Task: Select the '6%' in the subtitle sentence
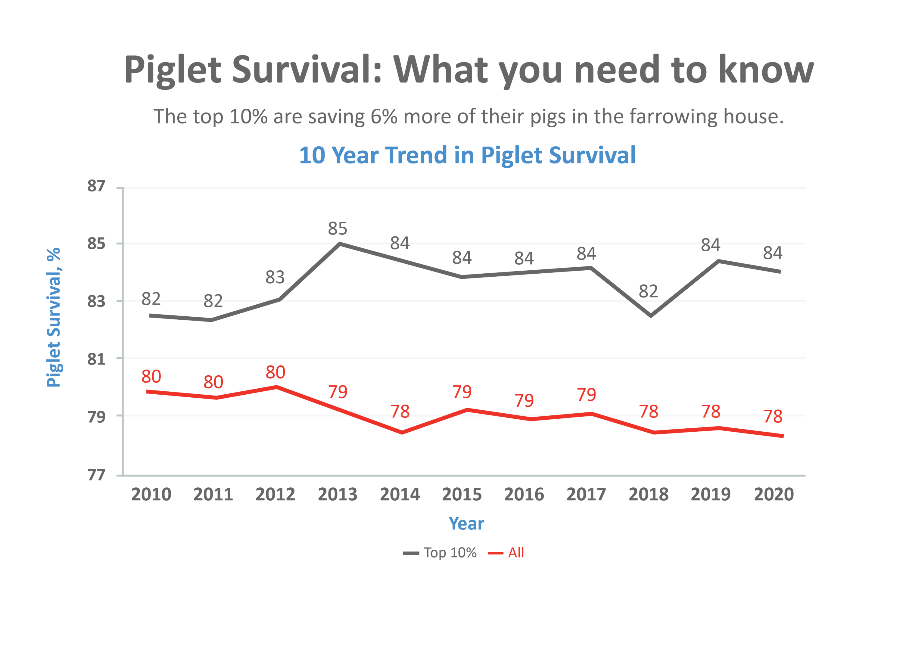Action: (x=384, y=116)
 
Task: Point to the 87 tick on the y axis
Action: (x=96, y=186)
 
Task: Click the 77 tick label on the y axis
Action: (x=96, y=475)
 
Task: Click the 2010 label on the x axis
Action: (x=151, y=495)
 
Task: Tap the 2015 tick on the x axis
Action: (x=462, y=495)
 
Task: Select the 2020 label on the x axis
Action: (x=774, y=495)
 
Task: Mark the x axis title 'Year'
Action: (x=466, y=524)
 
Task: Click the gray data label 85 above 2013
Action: (x=338, y=229)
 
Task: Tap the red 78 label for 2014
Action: (x=400, y=412)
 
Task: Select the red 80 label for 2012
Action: (x=275, y=372)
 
